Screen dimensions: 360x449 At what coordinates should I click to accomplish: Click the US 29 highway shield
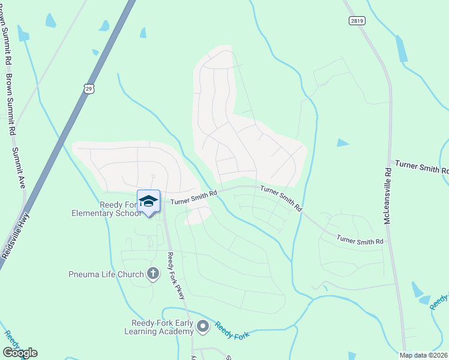[89, 89]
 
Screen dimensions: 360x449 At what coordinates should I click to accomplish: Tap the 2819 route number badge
[357, 20]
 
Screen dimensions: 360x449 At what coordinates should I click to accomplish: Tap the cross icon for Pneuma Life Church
[153, 274]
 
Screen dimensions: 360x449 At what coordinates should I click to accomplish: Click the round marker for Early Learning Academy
[203, 326]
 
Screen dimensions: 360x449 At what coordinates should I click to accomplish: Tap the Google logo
[20, 353]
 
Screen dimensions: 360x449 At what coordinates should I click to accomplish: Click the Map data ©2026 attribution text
[424, 355]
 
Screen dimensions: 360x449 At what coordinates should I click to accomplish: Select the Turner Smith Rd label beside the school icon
[193, 199]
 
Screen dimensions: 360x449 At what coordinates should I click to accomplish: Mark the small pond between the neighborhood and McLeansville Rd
[343, 143]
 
